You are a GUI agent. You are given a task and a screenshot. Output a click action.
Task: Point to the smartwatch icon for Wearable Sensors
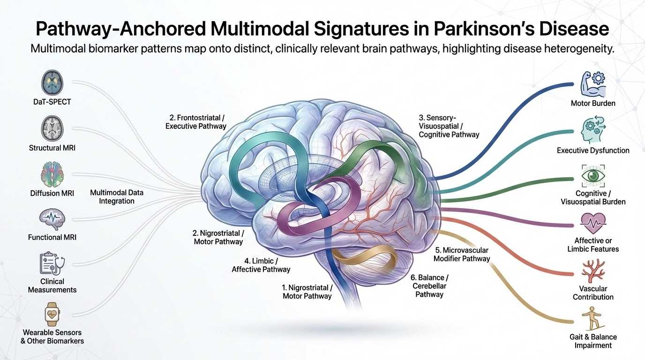(x=52, y=315)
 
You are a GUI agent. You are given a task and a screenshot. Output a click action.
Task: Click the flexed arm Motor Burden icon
(x=593, y=85)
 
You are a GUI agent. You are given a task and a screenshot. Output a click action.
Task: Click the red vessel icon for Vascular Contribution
(x=593, y=270)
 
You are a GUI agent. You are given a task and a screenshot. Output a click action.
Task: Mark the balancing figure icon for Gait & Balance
(x=593, y=319)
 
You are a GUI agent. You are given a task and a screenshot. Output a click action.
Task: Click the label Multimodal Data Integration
(x=117, y=197)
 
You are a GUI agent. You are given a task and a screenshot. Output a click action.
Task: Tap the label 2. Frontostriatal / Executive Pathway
(x=196, y=122)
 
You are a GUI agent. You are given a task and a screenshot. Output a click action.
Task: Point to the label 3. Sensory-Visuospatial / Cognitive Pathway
(x=449, y=127)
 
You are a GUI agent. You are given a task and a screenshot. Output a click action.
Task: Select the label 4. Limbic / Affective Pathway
(x=261, y=265)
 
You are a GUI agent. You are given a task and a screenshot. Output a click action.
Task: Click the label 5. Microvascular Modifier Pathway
(x=462, y=254)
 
